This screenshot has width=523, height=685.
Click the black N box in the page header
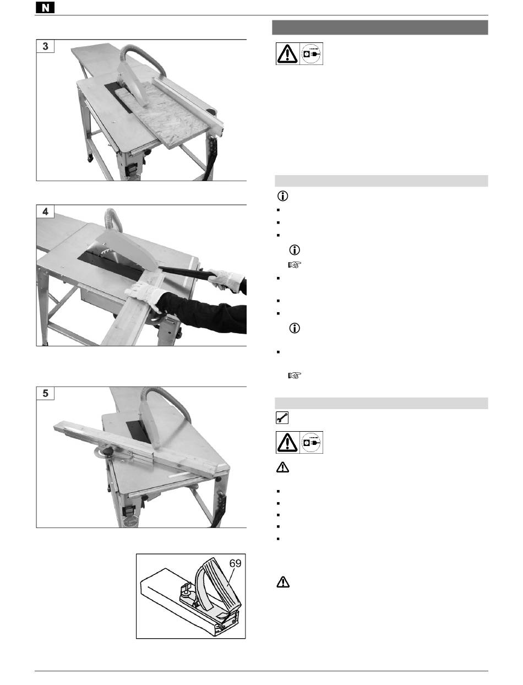pos(45,8)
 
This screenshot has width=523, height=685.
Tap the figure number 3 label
pos(46,46)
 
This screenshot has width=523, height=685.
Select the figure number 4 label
pos(46,211)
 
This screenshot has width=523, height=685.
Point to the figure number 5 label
pos(46,393)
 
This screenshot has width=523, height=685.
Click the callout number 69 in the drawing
pos(235,563)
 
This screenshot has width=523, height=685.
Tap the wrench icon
pos(282,417)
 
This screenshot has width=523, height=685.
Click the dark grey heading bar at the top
pos(380,28)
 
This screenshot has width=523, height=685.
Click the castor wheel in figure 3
pos(90,158)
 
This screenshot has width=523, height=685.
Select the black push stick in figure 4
pos(187,272)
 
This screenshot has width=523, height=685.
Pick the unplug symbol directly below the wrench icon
pos(311,442)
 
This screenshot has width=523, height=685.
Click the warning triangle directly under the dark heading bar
pos(287,53)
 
